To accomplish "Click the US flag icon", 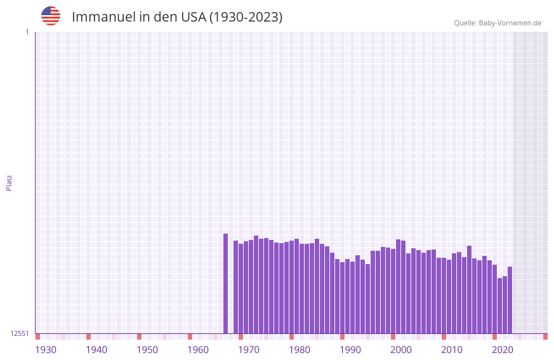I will pyautogui.click(x=51, y=16).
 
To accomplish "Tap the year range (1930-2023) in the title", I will pyautogui.click(x=246, y=17).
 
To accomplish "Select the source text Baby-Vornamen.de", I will pyautogui.click(x=510, y=23).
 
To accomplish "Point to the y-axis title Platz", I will pyautogui.click(x=9, y=182).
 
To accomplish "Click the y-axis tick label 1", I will pyautogui.click(x=27, y=32).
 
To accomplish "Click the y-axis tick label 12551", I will pyautogui.click(x=20, y=333).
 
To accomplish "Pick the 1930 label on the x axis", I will pyautogui.click(x=46, y=350).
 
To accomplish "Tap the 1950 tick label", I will pyautogui.click(x=147, y=350).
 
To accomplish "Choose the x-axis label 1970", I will pyautogui.click(x=249, y=350).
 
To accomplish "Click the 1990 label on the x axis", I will pyautogui.click(x=350, y=350).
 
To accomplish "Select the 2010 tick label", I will pyautogui.click(x=452, y=350).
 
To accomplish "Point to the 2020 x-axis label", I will pyautogui.click(x=503, y=350).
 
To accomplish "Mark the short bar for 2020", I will pyautogui.click(x=499, y=305).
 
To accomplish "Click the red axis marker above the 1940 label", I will pyautogui.click(x=88, y=337).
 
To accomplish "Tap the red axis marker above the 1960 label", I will pyautogui.click(x=190, y=337).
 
